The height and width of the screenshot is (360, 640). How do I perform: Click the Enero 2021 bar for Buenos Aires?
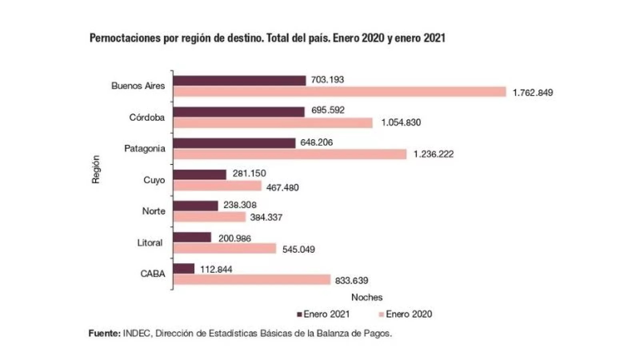point(240,80)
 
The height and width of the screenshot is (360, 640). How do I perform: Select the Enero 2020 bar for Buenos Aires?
point(340,92)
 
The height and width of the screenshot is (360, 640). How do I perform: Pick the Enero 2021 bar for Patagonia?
point(234,143)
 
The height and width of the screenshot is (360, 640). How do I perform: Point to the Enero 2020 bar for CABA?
point(252,280)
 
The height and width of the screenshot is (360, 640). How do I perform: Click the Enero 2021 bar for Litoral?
point(192,237)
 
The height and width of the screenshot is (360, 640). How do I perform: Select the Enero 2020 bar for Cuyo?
point(217,186)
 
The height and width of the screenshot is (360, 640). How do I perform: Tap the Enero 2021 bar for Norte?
point(196,206)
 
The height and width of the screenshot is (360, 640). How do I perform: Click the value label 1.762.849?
point(533,93)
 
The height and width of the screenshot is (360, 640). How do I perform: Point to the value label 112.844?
point(216,269)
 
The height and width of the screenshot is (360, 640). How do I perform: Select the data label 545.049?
point(298,250)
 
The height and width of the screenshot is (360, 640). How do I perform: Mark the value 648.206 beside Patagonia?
point(316,142)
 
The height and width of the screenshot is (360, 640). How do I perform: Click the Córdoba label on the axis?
point(147,118)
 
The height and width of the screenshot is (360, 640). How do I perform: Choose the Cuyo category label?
point(154,180)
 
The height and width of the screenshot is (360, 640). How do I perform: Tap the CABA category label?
point(152,274)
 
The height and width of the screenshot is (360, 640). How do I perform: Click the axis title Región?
point(96,170)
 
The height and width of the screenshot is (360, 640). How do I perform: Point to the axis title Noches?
point(367,297)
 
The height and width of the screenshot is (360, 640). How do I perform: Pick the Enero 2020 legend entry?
point(406,314)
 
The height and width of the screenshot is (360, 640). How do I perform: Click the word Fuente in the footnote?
point(104,333)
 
